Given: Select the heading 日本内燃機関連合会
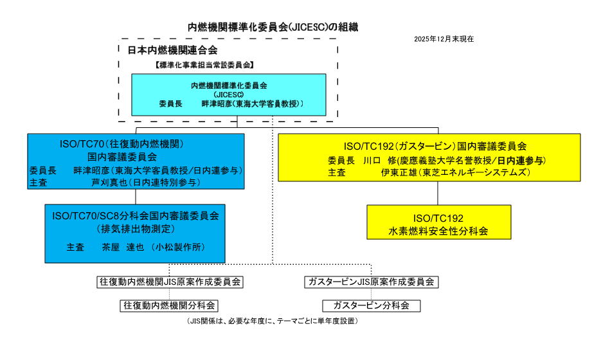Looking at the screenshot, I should (x=172, y=50).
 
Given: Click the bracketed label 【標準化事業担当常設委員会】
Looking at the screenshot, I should (x=204, y=65).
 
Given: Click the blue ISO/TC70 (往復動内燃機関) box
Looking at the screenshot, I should (x=136, y=161).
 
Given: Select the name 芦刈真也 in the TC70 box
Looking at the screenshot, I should (x=107, y=182).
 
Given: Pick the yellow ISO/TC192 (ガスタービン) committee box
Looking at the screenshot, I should (x=437, y=159).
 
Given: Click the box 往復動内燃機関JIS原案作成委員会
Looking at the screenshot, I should (x=170, y=282).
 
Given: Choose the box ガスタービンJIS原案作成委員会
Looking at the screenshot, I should (x=372, y=282).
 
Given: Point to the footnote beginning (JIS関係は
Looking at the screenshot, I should (x=273, y=321).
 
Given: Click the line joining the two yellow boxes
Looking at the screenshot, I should (x=438, y=195).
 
